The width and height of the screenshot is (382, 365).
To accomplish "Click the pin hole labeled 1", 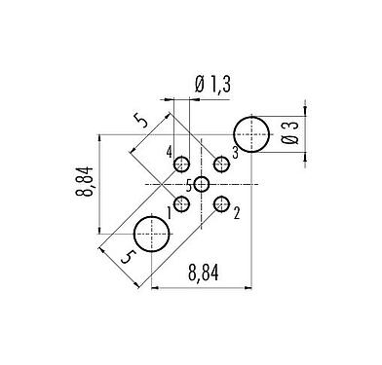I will [181, 203].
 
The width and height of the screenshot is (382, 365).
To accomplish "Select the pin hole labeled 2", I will [222, 203].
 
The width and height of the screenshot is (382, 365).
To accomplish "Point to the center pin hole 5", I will [202, 183].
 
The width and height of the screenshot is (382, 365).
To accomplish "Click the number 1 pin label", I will [170, 207].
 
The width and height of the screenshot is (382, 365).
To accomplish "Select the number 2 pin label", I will [237, 209].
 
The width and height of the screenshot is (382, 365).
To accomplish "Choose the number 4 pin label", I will [170, 154].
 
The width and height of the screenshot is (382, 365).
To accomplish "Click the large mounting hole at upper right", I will [251, 133].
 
